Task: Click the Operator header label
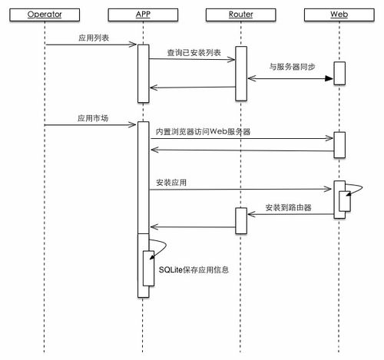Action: tap(45, 15)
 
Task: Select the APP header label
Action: tap(142, 15)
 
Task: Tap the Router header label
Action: tap(240, 15)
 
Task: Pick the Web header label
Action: tap(339, 15)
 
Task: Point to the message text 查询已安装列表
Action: tap(194, 53)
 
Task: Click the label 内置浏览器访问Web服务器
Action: tap(203, 131)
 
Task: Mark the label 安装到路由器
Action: tap(290, 207)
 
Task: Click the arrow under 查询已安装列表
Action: tap(191, 62)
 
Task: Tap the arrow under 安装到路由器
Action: tap(290, 214)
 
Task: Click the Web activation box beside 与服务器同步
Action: tap(339, 73)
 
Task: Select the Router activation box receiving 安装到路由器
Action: tap(240, 220)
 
